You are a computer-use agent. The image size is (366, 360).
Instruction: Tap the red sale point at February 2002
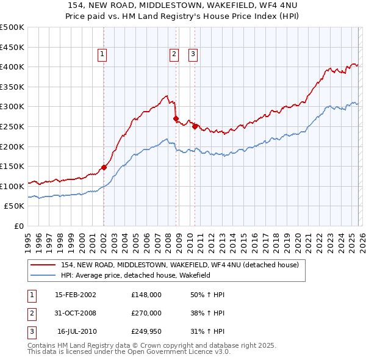pos(104,167)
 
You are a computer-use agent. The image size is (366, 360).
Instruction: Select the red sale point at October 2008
pos(176,118)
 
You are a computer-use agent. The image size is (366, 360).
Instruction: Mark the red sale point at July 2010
pos(195,126)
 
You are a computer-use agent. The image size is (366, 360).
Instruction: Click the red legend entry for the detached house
pos(179,265)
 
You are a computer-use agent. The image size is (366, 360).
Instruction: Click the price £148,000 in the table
pos(146,295)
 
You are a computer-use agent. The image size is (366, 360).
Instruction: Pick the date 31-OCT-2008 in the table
pos(75,313)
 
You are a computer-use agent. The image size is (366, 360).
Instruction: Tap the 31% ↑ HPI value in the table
pos(207,331)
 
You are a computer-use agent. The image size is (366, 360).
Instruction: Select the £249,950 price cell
pos(146,331)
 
